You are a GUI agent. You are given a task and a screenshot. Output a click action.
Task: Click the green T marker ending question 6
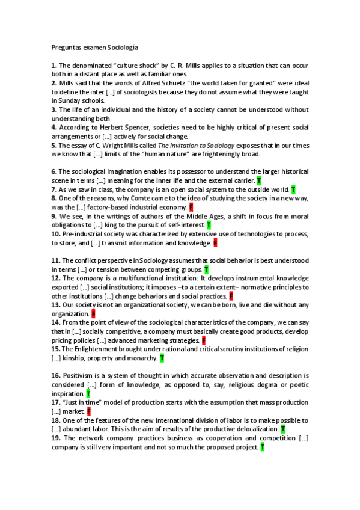pyautogui.click(x=259, y=180)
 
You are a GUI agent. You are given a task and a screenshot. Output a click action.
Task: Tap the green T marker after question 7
pyautogui.click(x=293, y=189)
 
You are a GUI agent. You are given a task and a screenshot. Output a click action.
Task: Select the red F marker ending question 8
pyautogui.click(x=191, y=207)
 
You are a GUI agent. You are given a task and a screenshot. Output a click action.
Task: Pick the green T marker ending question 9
pyautogui.click(x=208, y=225)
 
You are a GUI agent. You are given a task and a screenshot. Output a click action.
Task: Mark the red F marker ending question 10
pyautogui.click(x=215, y=243)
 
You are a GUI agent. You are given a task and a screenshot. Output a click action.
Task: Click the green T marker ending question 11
pyautogui.click(x=206, y=269)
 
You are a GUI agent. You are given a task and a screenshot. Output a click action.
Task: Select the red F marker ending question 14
pyautogui.click(x=204, y=340)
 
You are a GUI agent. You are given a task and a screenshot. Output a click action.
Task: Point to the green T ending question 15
pyautogui.click(x=162, y=358)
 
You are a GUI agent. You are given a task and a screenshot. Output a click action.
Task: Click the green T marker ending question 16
pyautogui.click(x=88, y=393)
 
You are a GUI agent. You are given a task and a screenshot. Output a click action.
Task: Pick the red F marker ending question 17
pyautogui.click(x=88, y=411)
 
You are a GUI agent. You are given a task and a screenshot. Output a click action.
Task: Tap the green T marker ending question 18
pyautogui.click(x=283, y=429)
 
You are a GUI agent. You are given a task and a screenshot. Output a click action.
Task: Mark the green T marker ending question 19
pyautogui.click(x=262, y=447)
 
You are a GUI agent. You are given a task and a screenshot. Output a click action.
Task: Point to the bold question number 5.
pyautogui.click(x=54, y=145)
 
